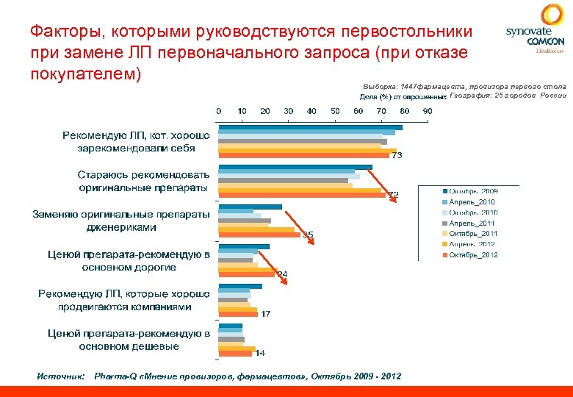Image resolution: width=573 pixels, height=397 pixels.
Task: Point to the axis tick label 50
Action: pyautogui.click(x=335, y=111)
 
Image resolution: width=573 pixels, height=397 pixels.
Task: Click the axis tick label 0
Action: pyautogui.click(x=218, y=111)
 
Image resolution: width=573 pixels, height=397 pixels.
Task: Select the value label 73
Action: pyautogui.click(x=395, y=155)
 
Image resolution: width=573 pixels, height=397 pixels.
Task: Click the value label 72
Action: pyautogui.click(x=394, y=195)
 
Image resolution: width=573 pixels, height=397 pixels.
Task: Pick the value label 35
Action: pyautogui.click(x=309, y=235)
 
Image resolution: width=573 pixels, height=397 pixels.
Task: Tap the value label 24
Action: pyautogui.click(x=281, y=274)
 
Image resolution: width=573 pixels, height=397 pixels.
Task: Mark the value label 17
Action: pyautogui.click(x=265, y=314)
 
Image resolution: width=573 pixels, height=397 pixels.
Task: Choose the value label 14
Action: pyautogui.click(x=259, y=353)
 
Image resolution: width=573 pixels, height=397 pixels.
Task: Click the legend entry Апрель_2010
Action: pyautogui.click(x=472, y=202)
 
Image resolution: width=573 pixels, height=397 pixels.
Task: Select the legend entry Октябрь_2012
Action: pyautogui.click(x=473, y=254)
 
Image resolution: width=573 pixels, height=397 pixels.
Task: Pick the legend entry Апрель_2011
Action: pyautogui.click(x=472, y=223)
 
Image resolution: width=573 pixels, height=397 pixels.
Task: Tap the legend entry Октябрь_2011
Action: pyautogui.click(x=473, y=233)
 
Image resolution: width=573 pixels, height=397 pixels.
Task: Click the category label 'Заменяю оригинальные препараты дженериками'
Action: pyautogui.click(x=121, y=221)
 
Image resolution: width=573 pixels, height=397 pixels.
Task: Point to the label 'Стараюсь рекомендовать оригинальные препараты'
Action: pyautogui.click(x=144, y=181)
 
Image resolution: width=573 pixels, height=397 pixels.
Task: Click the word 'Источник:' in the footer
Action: pyautogui.click(x=62, y=376)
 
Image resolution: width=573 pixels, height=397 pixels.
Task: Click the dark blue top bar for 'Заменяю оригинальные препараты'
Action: pyautogui.click(x=250, y=207)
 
